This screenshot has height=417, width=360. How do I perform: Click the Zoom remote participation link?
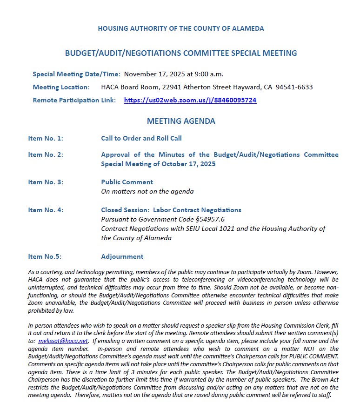(190, 100)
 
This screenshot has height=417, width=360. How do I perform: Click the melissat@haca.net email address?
(63, 341)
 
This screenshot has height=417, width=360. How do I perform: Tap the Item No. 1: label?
(46, 138)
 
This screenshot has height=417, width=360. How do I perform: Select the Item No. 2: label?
(46, 155)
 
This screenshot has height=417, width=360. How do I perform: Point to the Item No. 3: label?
(46, 182)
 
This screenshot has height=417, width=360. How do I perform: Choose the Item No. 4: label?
(46, 210)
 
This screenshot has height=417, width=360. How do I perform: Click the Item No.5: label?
(45, 256)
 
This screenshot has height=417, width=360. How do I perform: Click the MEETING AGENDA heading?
(181, 121)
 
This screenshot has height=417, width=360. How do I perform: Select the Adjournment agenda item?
(122, 256)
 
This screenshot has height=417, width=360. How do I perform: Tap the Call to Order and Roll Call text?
(141, 138)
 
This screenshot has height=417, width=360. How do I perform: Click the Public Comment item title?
(127, 182)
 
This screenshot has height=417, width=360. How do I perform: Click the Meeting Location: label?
(61, 87)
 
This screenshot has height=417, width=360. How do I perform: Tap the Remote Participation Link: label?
(74, 100)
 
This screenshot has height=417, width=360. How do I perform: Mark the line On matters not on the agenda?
(147, 191)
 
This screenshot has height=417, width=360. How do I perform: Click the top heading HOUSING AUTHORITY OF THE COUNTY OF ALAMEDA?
(181, 28)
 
